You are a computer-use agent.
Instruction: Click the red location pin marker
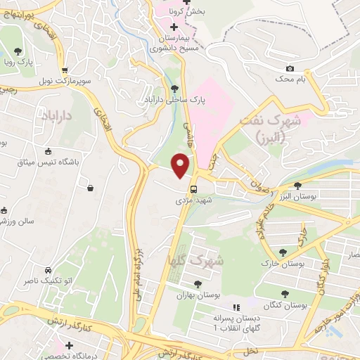pyautogui.click(x=181, y=166)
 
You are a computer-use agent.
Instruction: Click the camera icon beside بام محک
pyautogui.click(x=289, y=69)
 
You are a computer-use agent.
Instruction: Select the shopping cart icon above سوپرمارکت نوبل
pyautogui.click(x=65, y=70)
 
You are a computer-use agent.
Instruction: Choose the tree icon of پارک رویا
pyautogui.click(x=18, y=51)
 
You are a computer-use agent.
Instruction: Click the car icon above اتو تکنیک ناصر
pyautogui.click(x=48, y=271)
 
